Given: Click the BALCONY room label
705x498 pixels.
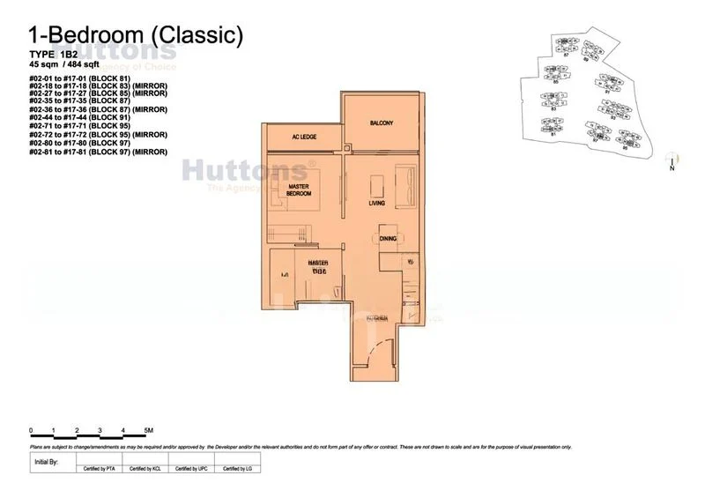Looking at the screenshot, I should coord(382,123).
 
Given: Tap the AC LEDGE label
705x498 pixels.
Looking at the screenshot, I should coord(304,137).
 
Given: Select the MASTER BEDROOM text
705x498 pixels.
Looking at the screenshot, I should coord(300,190).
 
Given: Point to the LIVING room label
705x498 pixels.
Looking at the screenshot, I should coord(378,203).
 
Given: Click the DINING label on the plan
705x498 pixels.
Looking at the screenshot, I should coord(388,238).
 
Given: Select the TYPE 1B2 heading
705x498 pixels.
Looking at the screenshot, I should coord(52,55).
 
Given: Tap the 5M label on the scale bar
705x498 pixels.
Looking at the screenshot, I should coord(148,430).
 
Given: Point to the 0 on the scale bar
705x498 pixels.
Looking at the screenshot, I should coord(31,430).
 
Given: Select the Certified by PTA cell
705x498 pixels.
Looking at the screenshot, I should coord(98,469).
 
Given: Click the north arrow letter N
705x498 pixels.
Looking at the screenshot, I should coord(672,169).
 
